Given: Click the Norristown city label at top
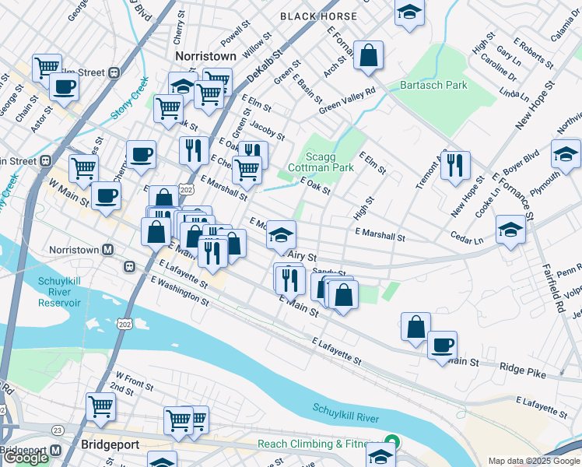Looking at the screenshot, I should click(x=205, y=57).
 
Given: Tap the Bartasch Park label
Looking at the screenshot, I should click(x=433, y=85).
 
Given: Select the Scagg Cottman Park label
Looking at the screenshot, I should click(x=321, y=161).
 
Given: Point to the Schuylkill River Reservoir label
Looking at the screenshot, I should click(x=60, y=291).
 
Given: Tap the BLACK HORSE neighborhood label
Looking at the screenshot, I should click(x=318, y=16).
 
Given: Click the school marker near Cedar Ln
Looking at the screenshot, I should click(x=510, y=229).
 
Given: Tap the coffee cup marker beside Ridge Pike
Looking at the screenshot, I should click(x=442, y=345).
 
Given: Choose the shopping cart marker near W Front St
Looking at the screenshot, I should click(x=100, y=406).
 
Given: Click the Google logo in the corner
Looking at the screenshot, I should click(x=25, y=458).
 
